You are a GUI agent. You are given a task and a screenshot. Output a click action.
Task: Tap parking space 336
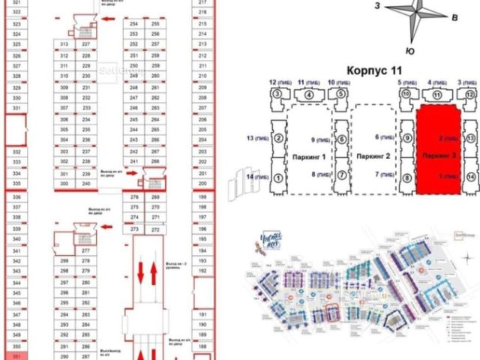click(x=17, y=196)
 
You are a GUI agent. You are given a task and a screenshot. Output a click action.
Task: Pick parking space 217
click(x=202, y=3)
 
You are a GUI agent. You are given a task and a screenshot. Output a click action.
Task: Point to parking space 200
click(x=202, y=184)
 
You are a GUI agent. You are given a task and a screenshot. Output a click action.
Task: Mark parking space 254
click(x=134, y=24)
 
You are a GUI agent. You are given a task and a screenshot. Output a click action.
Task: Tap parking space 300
click(x=64, y=184)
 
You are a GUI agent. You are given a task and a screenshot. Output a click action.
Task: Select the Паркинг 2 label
click(x=373, y=157)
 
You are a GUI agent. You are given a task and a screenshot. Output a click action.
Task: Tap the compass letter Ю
click(x=410, y=50)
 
